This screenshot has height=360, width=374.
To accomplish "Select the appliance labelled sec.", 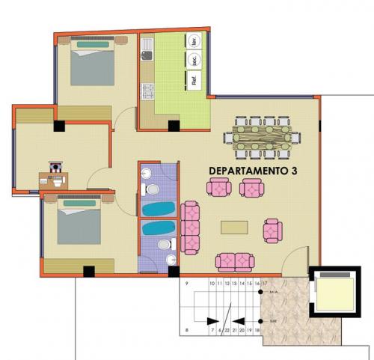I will (194, 61).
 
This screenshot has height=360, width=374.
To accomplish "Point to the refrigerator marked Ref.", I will (194, 80).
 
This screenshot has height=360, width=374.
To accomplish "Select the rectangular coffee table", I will (234, 227).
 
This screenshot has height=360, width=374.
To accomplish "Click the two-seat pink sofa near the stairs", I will (234, 261).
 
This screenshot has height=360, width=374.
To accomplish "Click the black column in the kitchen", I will (174, 126).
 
